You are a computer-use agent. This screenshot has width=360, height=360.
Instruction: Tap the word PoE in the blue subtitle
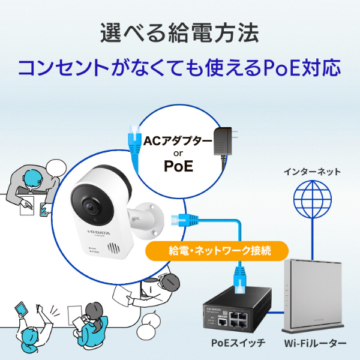(281, 67)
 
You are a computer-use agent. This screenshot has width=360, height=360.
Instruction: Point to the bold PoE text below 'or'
(178, 166)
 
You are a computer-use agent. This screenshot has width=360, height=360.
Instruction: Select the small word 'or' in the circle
(177, 154)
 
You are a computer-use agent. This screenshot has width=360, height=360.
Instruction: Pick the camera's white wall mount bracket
(147, 217)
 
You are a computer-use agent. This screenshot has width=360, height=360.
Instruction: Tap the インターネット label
(311, 172)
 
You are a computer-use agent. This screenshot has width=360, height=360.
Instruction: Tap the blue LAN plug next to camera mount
(179, 220)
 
